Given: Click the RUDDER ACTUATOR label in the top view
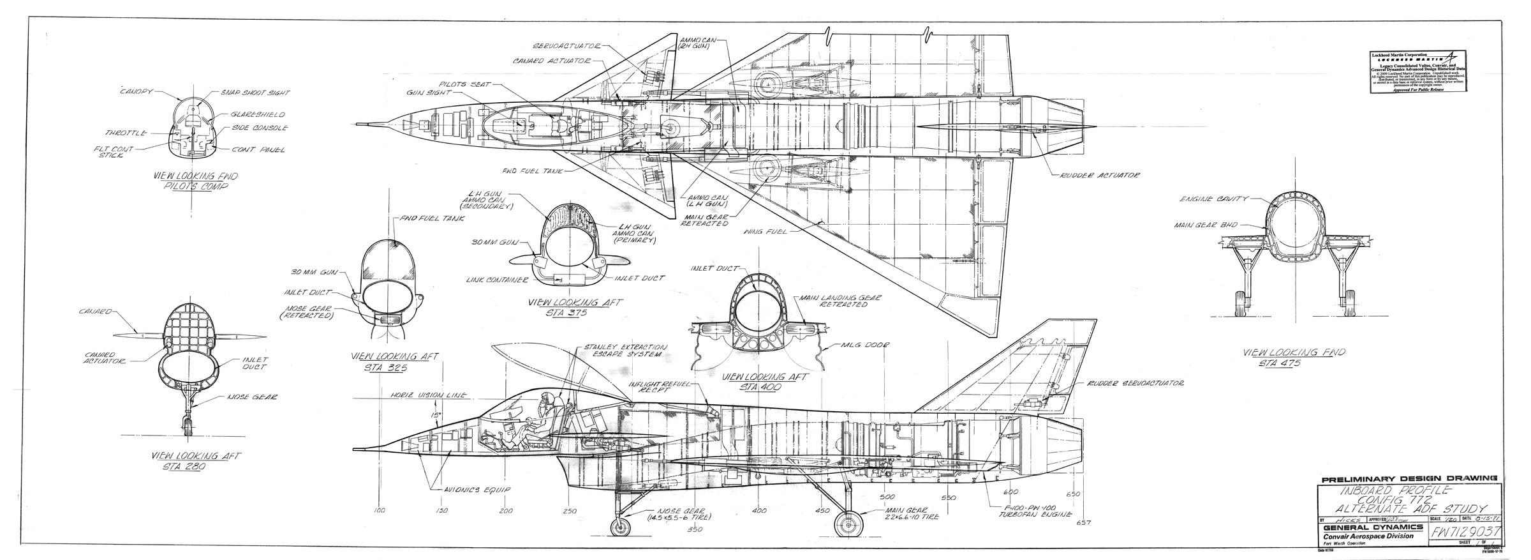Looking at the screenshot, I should tap(1099, 175).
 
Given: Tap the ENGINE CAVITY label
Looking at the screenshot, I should tap(1213, 199).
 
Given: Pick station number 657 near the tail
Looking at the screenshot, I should tap(1081, 524).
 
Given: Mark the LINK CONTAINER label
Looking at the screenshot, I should tap(496, 280).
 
